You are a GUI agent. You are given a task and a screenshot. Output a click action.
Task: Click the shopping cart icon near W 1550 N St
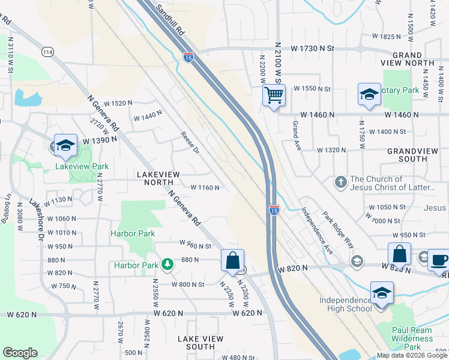(274, 95)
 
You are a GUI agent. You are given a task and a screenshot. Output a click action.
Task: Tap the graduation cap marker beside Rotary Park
(369, 94)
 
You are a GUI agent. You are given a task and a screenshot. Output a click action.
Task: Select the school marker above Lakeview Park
(65, 145)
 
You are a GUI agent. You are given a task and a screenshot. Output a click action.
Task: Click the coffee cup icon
(439, 260)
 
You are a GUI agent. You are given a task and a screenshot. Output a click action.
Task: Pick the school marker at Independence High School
(382, 293)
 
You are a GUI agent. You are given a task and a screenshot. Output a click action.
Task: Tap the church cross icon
(340, 181)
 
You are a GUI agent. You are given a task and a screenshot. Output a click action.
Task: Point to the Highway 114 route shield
(48, 53)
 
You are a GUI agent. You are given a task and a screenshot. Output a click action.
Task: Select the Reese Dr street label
(190, 143)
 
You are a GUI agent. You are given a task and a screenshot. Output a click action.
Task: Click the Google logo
(20, 352)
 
